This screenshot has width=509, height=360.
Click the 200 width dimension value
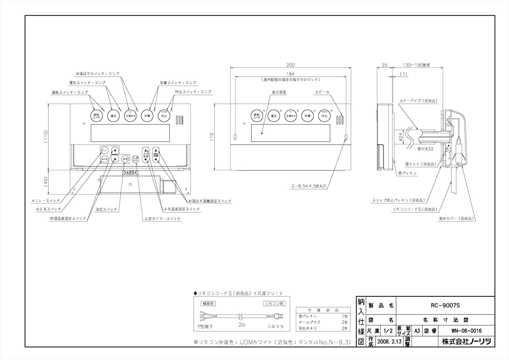click(x=290, y=65)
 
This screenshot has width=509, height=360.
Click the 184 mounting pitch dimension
click(x=290, y=74)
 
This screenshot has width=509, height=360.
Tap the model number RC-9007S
click(x=445, y=305)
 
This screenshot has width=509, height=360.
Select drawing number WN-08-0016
click(x=466, y=331)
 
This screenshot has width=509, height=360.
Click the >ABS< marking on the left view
click(x=130, y=173)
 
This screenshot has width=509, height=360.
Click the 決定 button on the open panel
click(x=125, y=159)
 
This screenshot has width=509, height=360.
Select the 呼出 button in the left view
click(x=164, y=116)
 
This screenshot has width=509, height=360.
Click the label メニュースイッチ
click(x=45, y=201)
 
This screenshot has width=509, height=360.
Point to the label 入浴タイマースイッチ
click(x=162, y=219)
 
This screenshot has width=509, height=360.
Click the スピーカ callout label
click(x=322, y=92)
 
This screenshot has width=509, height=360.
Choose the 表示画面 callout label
click(x=279, y=92)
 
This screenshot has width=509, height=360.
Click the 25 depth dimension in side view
click(x=384, y=65)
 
